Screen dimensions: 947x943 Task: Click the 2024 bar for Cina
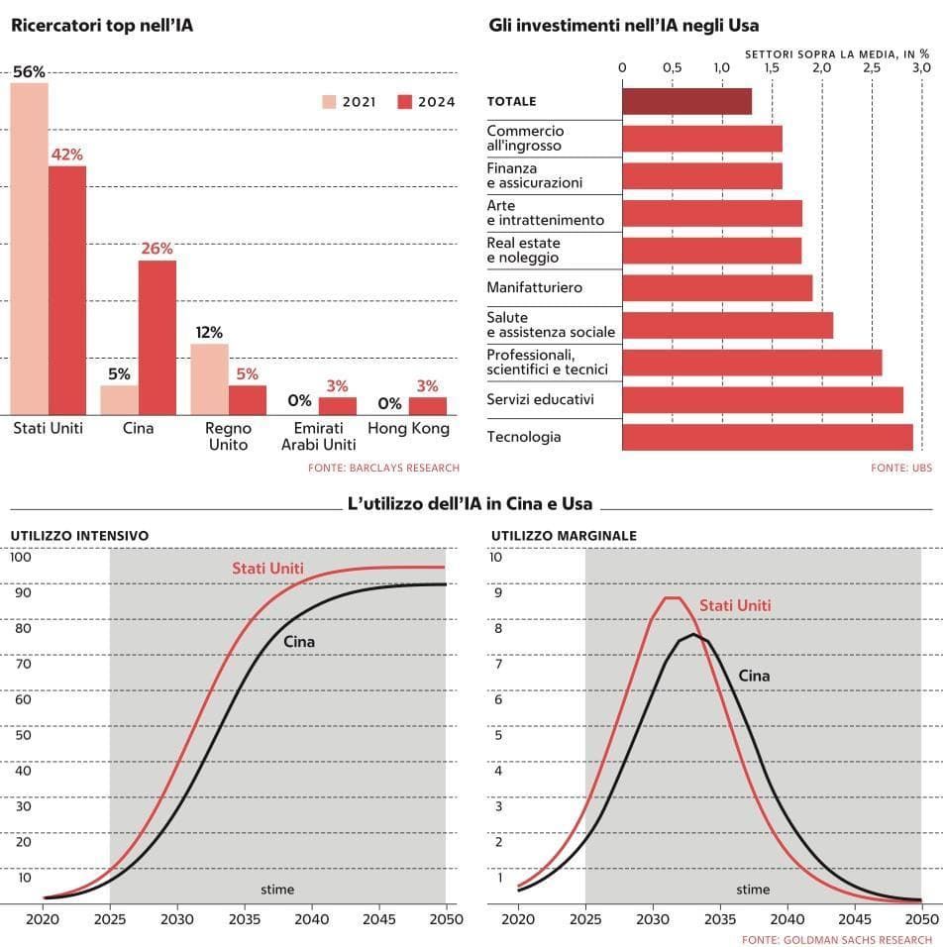click(157, 338)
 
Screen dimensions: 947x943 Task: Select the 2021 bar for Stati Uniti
click(30, 249)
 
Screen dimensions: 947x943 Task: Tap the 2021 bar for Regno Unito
click(210, 379)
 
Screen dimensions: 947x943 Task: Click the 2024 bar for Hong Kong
click(427, 406)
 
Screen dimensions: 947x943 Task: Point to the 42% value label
click(68, 155)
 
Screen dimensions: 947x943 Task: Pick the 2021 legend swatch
click(329, 102)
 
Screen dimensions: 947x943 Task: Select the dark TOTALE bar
click(686, 101)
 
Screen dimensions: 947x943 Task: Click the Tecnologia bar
click(768, 437)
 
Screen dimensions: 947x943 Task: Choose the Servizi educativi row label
click(540, 399)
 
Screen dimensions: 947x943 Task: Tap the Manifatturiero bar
click(717, 287)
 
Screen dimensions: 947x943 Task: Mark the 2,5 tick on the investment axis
click(872, 67)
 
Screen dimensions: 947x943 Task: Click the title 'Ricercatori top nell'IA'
click(102, 25)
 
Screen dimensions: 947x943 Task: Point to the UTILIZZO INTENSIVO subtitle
click(79, 536)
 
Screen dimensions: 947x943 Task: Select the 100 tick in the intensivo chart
click(20, 557)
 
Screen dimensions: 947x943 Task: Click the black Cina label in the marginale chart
click(754, 676)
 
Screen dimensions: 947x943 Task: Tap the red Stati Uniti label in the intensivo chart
click(267, 569)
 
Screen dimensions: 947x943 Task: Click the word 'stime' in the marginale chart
click(753, 890)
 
